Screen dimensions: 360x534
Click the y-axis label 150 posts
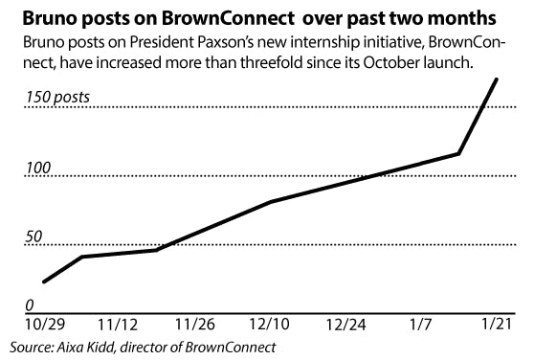62,97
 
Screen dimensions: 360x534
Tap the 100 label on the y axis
36,169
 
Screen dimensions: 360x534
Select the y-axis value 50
33,236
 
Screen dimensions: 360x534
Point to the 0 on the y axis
29,304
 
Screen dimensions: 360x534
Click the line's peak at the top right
496,79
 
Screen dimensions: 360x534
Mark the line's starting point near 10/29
43,281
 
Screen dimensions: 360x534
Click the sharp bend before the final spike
459,153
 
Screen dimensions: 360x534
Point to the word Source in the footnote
31,347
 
